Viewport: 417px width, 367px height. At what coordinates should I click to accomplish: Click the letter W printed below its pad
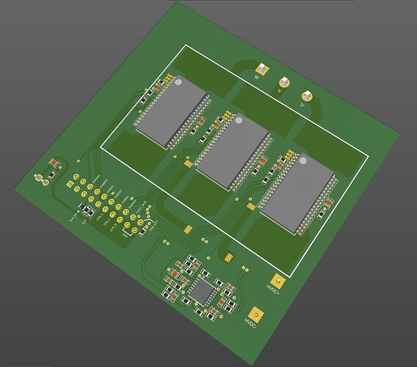[x=258, y=76]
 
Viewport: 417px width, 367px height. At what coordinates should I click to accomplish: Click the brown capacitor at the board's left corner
[x=54, y=163]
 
